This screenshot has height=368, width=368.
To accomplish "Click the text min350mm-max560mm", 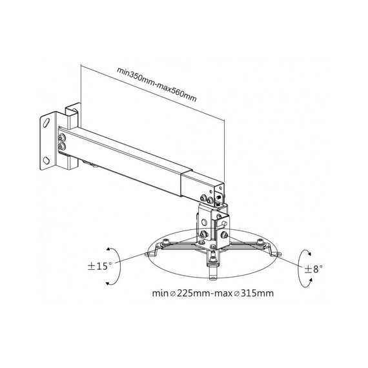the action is [x=156, y=85].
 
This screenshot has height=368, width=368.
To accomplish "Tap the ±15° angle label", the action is [x=99, y=266].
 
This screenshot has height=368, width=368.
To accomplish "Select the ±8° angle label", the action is [x=314, y=269].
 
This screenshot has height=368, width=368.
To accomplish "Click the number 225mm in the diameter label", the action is [x=193, y=293].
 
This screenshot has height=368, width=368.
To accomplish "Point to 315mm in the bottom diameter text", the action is [x=257, y=293].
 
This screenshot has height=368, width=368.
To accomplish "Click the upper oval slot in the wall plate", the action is [x=46, y=123].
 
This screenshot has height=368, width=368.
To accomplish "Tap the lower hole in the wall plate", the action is [x=46, y=160].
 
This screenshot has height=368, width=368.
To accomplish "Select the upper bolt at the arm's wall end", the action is [x=62, y=137].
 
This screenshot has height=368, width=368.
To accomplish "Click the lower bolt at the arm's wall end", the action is [x=62, y=147].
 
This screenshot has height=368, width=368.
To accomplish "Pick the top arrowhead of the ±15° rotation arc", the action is [x=108, y=249].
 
